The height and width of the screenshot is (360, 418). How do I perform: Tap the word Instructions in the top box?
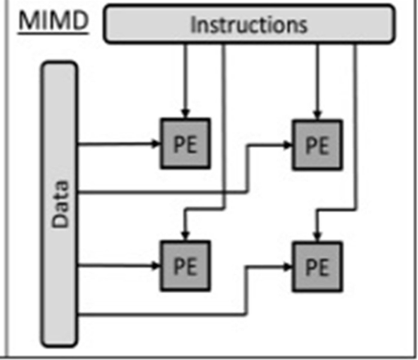(249, 25)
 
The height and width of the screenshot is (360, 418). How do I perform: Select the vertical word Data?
(60, 204)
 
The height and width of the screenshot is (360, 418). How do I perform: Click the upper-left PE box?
(186, 143)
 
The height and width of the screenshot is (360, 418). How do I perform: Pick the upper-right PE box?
(317, 145)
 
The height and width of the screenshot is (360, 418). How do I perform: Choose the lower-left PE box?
(186, 266)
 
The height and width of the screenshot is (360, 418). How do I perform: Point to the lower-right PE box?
(317, 267)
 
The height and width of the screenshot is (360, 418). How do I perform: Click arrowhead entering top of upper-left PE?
(186, 114)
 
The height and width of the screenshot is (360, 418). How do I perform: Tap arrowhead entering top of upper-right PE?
(317, 115)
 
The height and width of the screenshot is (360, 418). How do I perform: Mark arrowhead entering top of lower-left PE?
(186, 236)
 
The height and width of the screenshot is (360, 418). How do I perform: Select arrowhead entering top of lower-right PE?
(317, 237)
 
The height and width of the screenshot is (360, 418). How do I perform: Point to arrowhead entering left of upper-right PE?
(288, 145)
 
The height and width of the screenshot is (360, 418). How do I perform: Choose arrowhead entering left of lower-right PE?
(288, 267)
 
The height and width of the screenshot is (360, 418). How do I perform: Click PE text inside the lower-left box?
(186, 266)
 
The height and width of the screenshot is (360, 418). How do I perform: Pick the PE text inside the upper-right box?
(317, 146)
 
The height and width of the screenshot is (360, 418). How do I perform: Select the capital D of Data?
(60, 220)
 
